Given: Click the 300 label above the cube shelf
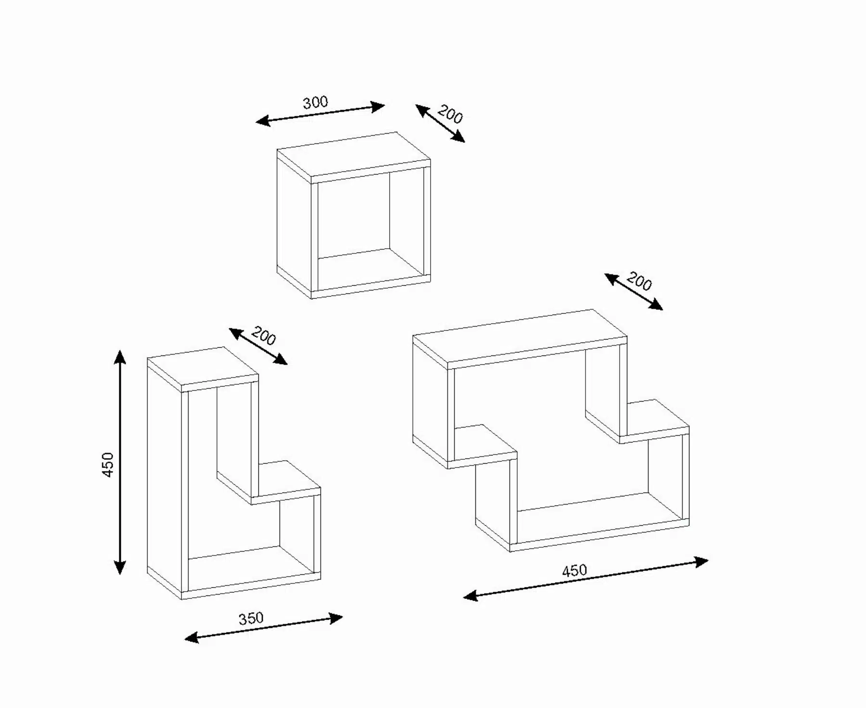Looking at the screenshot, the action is (x=315, y=102).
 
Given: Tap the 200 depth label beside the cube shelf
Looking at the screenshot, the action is (x=450, y=115).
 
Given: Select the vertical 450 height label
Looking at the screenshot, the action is (x=108, y=465).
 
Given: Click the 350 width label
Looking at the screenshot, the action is (x=251, y=618).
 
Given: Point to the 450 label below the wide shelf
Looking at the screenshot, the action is (x=574, y=570).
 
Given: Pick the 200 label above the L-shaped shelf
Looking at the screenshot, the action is (x=264, y=336).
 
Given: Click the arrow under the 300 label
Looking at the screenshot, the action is (x=320, y=114).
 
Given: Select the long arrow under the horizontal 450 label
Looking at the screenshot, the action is (x=586, y=579).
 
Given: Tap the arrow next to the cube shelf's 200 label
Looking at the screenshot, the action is (x=440, y=123).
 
